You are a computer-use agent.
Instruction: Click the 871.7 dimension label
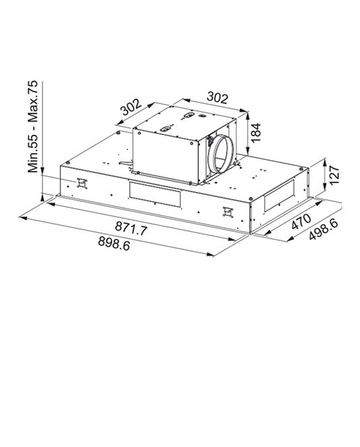click(x=131, y=228)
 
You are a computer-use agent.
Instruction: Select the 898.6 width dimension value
click(x=114, y=243)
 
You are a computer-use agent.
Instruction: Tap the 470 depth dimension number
click(x=301, y=221)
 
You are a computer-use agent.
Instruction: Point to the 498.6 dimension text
click(x=324, y=228)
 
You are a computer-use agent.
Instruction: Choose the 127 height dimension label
click(x=334, y=175)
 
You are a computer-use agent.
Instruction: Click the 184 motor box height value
click(x=256, y=133)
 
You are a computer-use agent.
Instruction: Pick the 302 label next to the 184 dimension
click(x=217, y=98)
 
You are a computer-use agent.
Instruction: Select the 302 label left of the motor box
click(x=130, y=107)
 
